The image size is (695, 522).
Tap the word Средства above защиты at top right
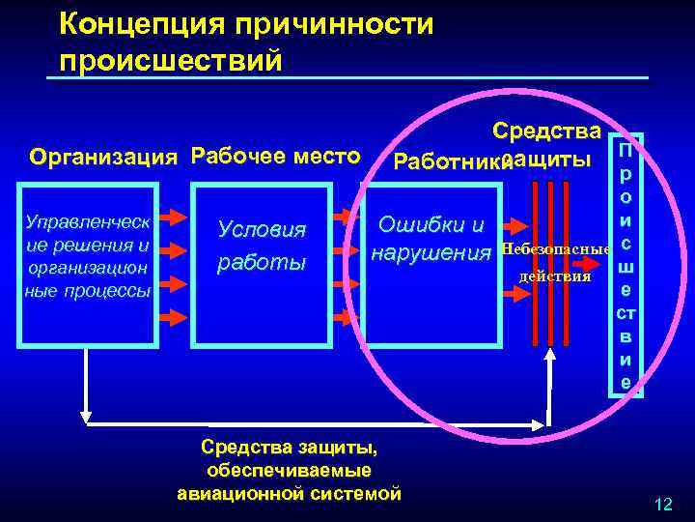coord(546,130)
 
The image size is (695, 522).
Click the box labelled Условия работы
coord(262,246)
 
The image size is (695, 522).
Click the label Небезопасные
coord(555,250)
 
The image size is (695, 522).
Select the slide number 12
coord(663,504)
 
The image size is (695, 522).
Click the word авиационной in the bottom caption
coord(253,494)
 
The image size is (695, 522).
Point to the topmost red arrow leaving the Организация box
coord(171,216)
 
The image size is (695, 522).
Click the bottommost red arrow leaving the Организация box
coord(171,315)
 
